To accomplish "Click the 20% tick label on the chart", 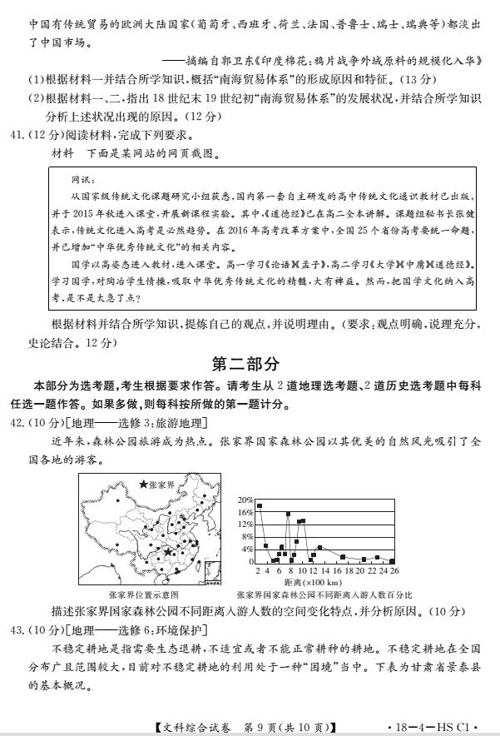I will click(245, 500).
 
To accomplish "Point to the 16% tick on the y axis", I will click(245, 512).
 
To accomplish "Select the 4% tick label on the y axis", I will click(247, 550).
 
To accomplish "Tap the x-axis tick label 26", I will click(394, 571).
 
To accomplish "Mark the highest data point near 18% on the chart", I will click(260, 505).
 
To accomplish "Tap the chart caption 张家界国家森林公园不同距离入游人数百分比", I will click(324, 595).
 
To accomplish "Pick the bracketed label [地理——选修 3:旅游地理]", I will click(138, 423).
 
